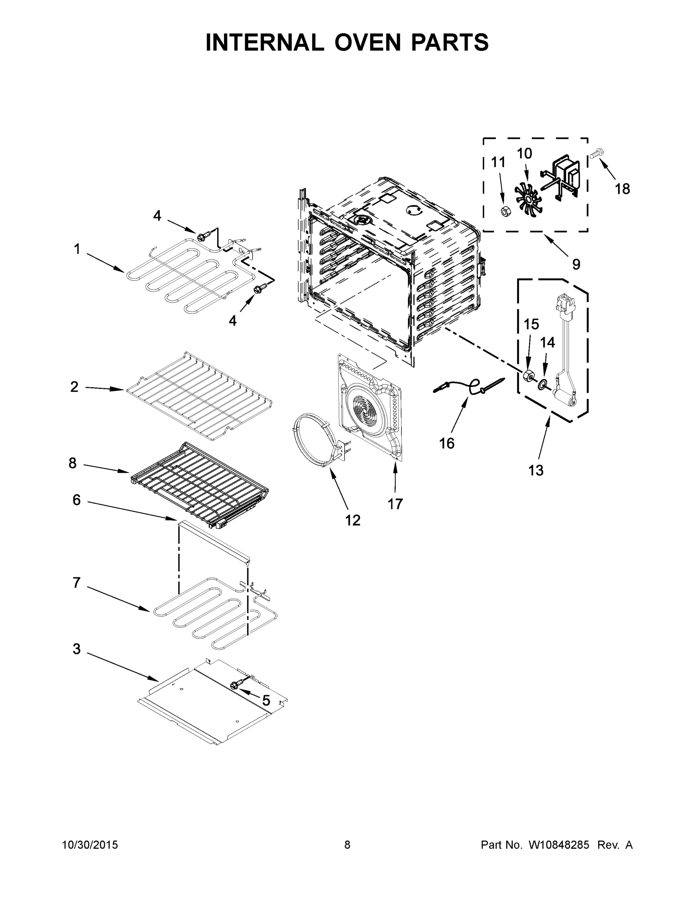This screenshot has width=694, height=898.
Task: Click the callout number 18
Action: coord(622,189)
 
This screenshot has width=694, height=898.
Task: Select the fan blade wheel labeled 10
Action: coord(528,200)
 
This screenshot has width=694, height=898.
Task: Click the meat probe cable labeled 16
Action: coord(469,386)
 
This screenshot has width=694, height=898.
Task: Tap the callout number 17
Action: coord(395,504)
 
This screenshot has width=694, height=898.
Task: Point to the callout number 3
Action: coord(76,649)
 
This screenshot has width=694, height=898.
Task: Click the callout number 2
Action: coord(74,387)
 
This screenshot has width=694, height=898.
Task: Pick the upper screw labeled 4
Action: coord(202,236)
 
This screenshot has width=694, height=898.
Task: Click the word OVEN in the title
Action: coord(367,42)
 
